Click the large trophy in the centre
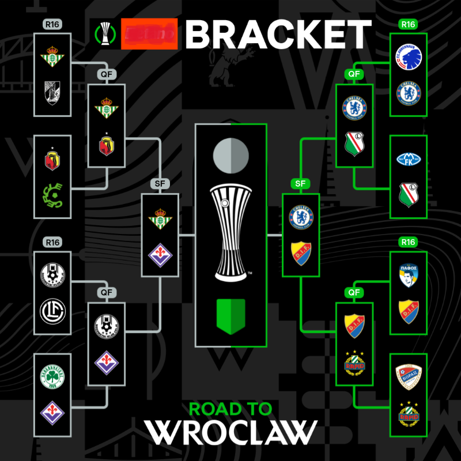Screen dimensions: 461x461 click(x=231, y=231)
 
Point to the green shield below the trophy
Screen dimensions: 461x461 click(x=231, y=316)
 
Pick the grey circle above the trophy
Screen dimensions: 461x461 click(x=231, y=155)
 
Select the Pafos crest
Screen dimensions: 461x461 click(x=409, y=274)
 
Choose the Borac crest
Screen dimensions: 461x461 click(x=409, y=376)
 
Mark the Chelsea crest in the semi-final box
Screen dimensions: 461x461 click(x=300, y=216)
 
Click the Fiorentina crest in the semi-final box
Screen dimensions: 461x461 click(x=160, y=254)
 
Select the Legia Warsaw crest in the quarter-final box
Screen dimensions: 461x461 click(x=354, y=143)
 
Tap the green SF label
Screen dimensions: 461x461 click(x=300, y=183)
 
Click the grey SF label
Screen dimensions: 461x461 click(x=160, y=183)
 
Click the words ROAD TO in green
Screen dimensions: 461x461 click(x=231, y=409)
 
